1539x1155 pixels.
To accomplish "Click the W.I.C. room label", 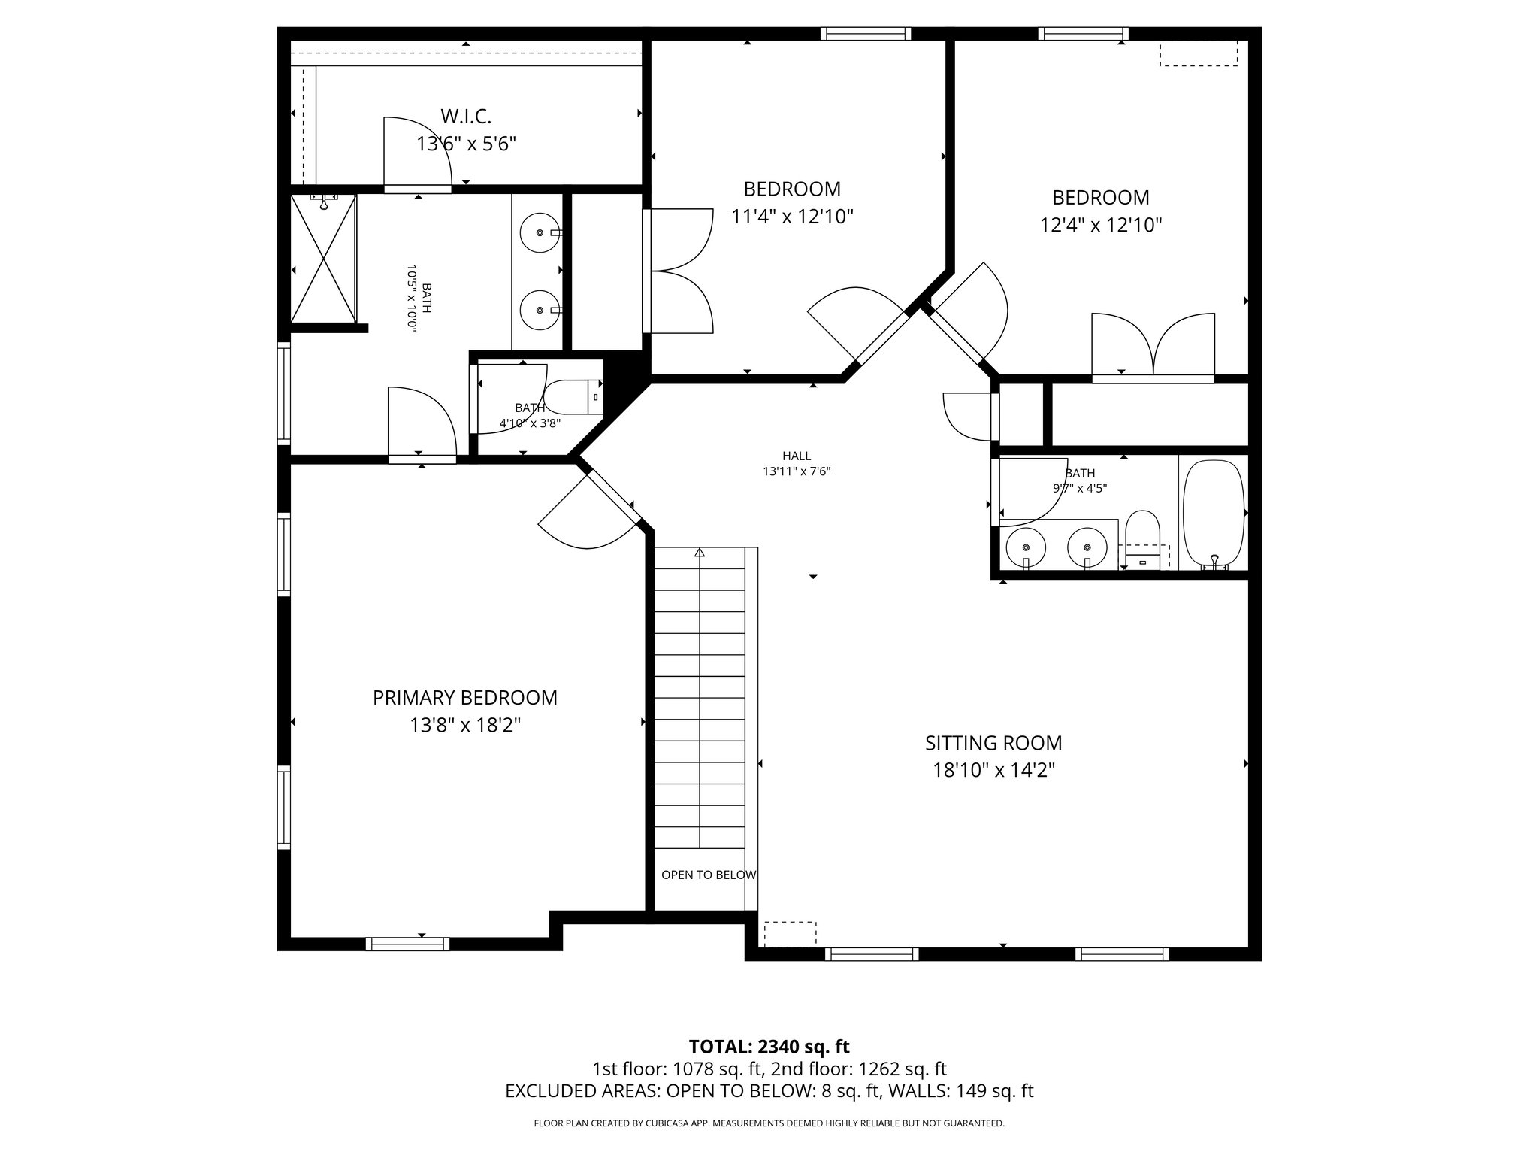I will click(466, 117).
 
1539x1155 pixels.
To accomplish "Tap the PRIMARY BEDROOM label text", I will click(465, 698).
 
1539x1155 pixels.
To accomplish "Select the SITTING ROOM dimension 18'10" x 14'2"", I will click(993, 771).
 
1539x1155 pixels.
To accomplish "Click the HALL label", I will click(797, 456).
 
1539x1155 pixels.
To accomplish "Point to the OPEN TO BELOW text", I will click(708, 875).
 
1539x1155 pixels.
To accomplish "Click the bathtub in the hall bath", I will click(1213, 513).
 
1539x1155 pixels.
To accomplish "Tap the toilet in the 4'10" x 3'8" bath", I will click(568, 397).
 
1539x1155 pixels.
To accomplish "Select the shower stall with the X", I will click(323, 259).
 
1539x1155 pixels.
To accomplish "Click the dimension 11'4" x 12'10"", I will click(793, 217).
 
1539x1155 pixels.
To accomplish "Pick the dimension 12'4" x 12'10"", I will click(1101, 225).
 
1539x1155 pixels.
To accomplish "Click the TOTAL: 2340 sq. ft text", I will click(769, 1047).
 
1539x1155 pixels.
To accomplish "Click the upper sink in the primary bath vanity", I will click(540, 232).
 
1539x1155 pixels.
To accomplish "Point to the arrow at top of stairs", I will click(700, 553).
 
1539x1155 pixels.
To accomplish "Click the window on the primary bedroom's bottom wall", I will click(407, 944).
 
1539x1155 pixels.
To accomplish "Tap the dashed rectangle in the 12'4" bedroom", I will click(1198, 53).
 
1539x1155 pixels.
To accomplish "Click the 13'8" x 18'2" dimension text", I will click(465, 726).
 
